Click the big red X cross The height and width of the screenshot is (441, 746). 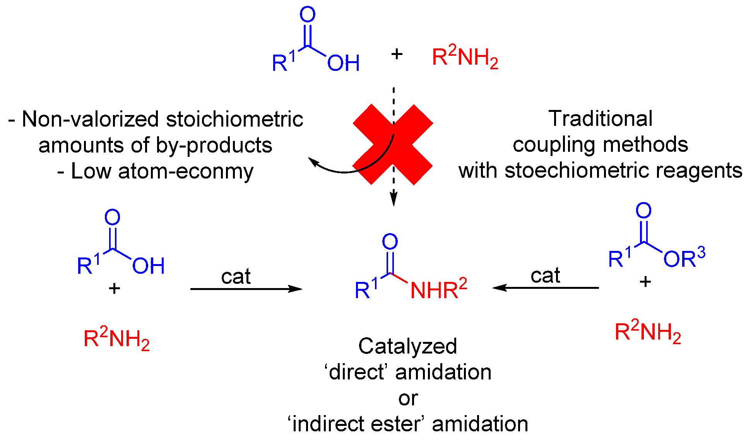point(393,144)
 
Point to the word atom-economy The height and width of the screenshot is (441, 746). point(186,171)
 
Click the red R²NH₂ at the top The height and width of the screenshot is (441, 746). point(465,57)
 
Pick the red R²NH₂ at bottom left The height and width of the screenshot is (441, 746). point(116,339)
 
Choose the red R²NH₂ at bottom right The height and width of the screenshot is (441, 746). point(647,332)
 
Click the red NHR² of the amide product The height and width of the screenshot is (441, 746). point(438,290)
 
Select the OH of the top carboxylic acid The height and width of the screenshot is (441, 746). point(343,63)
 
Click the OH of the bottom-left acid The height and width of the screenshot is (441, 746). point(148,266)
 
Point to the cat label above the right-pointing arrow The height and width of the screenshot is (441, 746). point(236,276)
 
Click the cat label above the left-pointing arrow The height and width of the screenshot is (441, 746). point(545,276)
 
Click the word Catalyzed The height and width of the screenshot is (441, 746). point(407,346)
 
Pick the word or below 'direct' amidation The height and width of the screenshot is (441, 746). point(408,398)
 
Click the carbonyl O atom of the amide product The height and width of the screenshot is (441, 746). point(390,242)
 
